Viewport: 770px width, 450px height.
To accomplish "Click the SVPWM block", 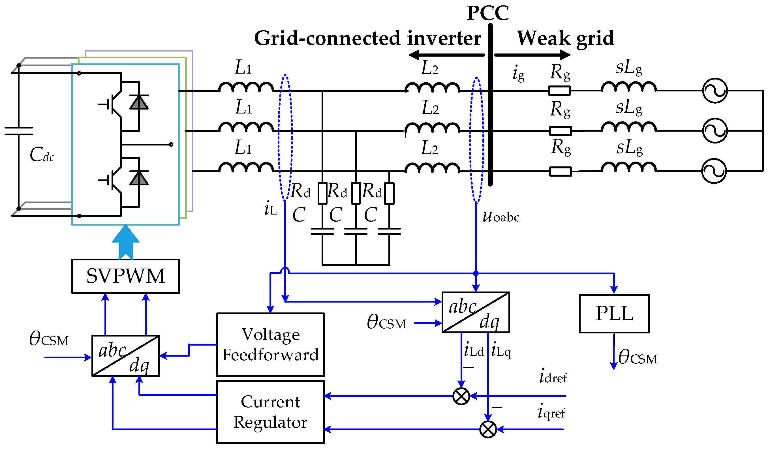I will (x=126, y=276).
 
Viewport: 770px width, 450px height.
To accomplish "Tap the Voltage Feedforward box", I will (x=270, y=345).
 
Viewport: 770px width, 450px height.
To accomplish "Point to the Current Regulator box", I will (x=270, y=412).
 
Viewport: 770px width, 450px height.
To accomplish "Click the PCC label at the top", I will (x=488, y=13).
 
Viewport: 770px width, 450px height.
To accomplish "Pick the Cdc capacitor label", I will (x=42, y=155).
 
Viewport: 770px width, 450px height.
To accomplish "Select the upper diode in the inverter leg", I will (x=139, y=102).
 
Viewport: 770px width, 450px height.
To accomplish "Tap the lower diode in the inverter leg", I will (x=139, y=178).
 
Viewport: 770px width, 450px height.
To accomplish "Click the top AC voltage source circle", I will (x=715, y=91).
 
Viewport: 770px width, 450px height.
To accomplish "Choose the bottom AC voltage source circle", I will (x=714, y=171).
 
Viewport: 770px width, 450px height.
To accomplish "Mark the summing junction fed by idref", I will (x=461, y=396).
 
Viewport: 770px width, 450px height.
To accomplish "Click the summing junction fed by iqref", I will (x=488, y=430).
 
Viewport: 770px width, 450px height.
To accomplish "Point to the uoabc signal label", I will (x=501, y=217).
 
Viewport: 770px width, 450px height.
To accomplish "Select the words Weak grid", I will (x=565, y=38).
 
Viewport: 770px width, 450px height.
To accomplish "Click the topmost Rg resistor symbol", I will (x=560, y=91).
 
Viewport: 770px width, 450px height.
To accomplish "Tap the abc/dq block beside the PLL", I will (x=476, y=312).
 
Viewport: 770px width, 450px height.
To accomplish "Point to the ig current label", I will (x=519, y=74).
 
